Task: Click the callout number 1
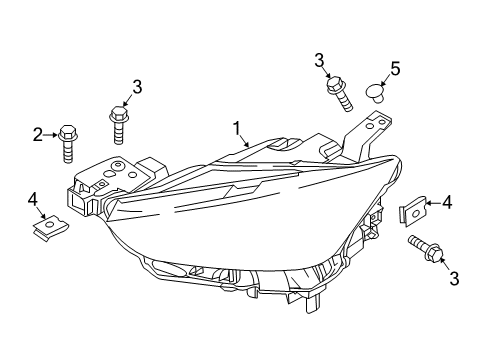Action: tap(237, 128)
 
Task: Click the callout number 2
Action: tap(38, 135)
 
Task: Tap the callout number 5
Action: tap(395, 69)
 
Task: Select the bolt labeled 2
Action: tap(68, 144)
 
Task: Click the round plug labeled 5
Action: tap(376, 93)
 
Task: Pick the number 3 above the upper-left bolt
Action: tap(137, 87)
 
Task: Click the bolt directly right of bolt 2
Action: tap(119, 125)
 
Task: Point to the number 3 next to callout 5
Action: tap(319, 61)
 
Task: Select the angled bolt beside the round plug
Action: tap(339, 94)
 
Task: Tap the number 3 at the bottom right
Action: tap(454, 279)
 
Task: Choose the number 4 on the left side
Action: tap(33, 200)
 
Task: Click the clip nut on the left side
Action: tap(49, 228)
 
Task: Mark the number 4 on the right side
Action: tap(447, 202)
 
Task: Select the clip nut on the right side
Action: tap(413, 211)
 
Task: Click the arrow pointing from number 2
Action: tap(50, 135)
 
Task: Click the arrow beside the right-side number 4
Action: tap(433, 203)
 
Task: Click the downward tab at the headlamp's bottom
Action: tap(312, 304)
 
